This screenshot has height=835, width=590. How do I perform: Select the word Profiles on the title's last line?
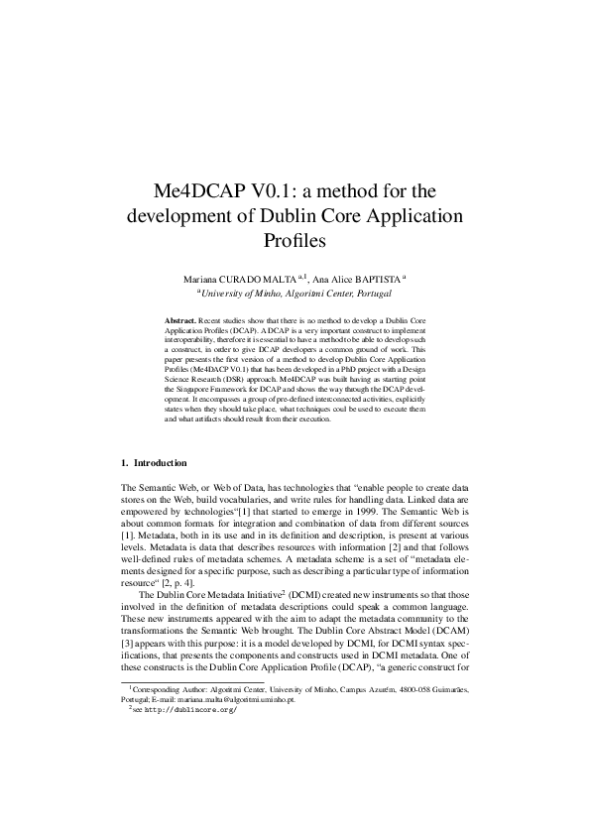tap(295, 240)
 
